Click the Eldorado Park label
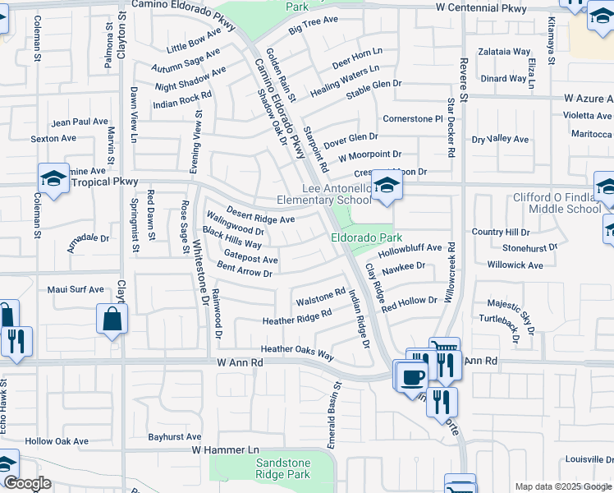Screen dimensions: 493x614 [362, 237]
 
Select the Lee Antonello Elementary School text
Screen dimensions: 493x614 [323, 194]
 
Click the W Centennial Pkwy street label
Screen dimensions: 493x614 [492, 7]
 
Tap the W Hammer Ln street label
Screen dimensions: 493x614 [225, 450]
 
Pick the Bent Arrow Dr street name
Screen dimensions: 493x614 [244, 269]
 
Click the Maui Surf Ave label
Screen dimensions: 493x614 [76, 289]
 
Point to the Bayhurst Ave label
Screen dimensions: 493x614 [174, 437]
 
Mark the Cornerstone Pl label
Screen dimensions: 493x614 [413, 118]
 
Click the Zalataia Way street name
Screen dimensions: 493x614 [505, 52]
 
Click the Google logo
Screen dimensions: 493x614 [27, 483]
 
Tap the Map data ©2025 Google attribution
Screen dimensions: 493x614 [563, 486]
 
